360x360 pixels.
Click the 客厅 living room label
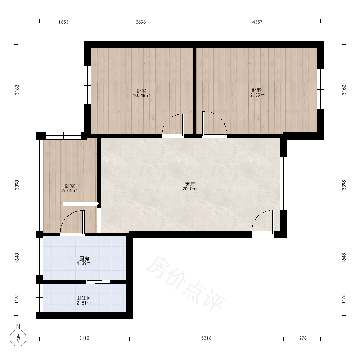(x=190, y=184)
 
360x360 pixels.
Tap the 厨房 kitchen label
(x=84, y=258)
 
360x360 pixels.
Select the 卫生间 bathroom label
(x=84, y=298)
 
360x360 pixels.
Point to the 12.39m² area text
(x=256, y=95)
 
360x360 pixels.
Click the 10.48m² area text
(x=141, y=95)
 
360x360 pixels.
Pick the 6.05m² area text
(x=69, y=190)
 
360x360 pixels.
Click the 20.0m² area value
(x=190, y=189)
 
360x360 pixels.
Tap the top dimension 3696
(x=141, y=22)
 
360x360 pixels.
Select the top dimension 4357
(x=257, y=22)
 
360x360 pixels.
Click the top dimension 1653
(x=63, y=22)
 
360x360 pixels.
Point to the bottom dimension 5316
(x=206, y=338)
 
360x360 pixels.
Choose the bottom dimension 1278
(x=302, y=338)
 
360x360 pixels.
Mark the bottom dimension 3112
(x=84, y=338)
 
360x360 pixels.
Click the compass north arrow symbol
(x=18, y=338)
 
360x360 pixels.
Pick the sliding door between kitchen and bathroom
(x=98, y=282)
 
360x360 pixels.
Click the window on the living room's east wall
(x=284, y=184)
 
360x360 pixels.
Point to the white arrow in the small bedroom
(x=81, y=204)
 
